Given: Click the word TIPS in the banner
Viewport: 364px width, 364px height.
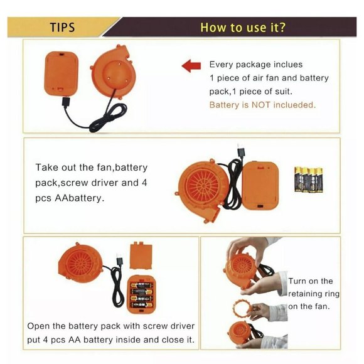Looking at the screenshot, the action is (63, 27).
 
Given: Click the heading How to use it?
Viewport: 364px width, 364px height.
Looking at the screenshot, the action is (243, 27).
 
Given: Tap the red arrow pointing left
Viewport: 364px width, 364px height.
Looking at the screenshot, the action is (191, 66).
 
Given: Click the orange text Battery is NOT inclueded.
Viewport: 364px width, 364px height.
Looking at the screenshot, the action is (262, 105).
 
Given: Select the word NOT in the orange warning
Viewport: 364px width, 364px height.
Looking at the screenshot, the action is (261, 105).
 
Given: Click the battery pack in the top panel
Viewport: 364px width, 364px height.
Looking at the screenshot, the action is (61, 73).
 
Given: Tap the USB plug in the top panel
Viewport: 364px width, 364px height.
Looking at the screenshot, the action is (66, 102).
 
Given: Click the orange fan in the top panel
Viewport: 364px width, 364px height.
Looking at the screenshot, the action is (114, 72).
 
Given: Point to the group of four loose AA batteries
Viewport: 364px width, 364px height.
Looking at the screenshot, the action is (309, 179).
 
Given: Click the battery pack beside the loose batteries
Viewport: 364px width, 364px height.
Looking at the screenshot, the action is (260, 185).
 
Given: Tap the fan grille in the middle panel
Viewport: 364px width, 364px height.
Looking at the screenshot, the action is (203, 185).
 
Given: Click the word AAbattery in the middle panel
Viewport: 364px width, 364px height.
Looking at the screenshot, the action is (79, 198).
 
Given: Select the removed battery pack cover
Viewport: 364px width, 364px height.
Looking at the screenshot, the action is (141, 255).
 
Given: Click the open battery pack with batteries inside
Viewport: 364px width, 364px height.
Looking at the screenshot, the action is (141, 294).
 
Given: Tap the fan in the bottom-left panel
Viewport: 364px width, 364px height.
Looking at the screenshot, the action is (80, 263).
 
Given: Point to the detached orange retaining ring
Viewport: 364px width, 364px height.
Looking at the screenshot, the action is (242, 309).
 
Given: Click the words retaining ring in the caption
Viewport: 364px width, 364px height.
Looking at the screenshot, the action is (314, 294).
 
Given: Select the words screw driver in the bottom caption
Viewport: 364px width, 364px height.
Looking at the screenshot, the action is (169, 326).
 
